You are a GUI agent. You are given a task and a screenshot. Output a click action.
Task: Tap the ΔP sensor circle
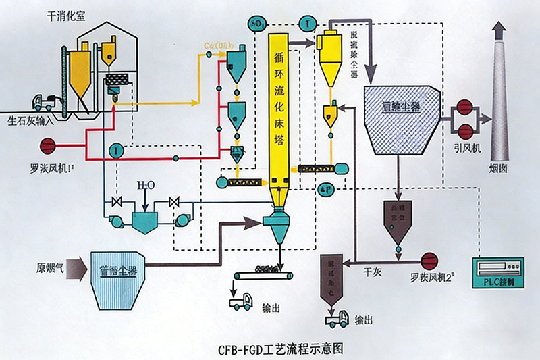[x=324, y=190]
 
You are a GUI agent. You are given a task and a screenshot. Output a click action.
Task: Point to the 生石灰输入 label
[x=32, y=122]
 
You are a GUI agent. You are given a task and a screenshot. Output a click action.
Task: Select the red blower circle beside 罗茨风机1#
[x=49, y=145]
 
